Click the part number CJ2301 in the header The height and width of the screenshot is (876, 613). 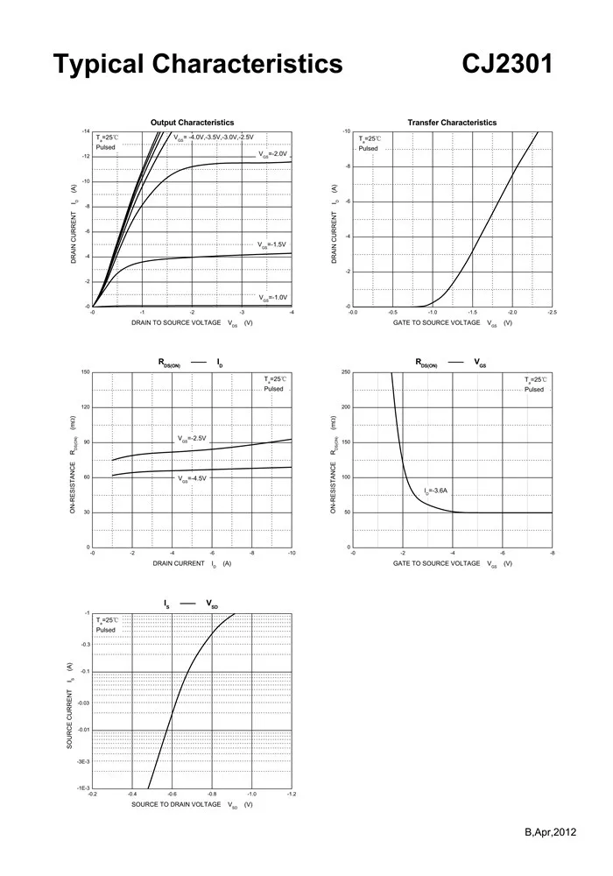point(507,64)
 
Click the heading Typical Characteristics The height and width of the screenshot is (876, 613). point(198,64)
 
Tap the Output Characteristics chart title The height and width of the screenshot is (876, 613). point(192,123)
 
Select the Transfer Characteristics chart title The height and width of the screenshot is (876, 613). point(452,123)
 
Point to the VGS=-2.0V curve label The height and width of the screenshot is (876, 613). point(272,154)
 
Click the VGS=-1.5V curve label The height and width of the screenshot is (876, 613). point(272,245)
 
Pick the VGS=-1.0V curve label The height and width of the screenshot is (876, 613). point(272,298)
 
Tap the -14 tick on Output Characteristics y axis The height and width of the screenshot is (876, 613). point(86,131)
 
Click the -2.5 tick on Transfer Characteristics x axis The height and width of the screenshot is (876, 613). point(552,312)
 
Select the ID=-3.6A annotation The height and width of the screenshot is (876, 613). point(438,492)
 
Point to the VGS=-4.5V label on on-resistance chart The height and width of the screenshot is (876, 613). point(192,479)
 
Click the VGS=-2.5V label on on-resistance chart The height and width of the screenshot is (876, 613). point(192,439)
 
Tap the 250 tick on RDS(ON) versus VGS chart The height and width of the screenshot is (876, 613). point(345,372)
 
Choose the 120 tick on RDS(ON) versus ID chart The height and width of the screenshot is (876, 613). point(84,407)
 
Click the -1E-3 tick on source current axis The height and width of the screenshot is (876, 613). point(83,788)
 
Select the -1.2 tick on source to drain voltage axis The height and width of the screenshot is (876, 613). point(291,794)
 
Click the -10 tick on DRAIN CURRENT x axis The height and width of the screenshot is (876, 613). point(291,553)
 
